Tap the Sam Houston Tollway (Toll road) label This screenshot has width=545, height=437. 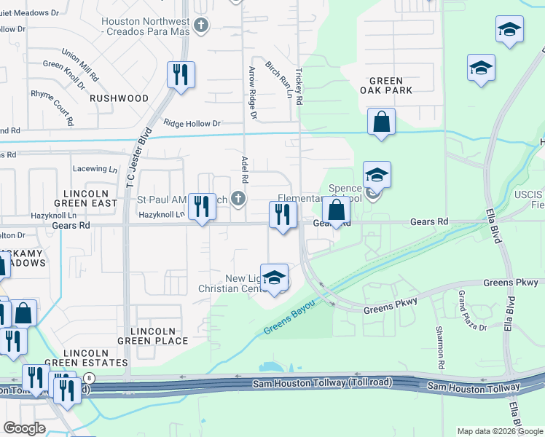click(322, 383)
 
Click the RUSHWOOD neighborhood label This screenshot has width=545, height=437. click(119, 98)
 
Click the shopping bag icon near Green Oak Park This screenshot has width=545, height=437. click(382, 122)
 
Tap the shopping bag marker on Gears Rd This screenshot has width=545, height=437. click(336, 211)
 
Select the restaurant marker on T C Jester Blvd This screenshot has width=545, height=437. click(181, 75)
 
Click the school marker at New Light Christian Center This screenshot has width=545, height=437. click(274, 279)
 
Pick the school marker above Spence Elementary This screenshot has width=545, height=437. click(377, 176)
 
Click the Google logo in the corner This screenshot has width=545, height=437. click(25, 428)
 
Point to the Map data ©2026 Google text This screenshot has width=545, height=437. click(500, 431)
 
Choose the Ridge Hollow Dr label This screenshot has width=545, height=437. click(192, 124)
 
